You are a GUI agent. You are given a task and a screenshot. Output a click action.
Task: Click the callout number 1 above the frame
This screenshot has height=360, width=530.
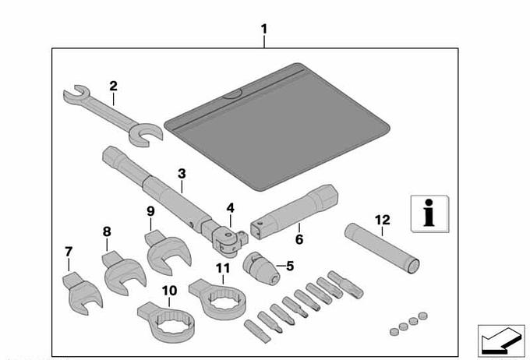click(x=264, y=29)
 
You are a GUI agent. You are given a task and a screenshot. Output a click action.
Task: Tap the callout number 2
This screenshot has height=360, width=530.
click(x=113, y=86)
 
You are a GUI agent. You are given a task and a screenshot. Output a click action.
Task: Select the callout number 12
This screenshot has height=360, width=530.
click(x=382, y=221)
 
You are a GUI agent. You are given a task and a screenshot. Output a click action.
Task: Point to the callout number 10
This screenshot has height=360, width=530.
click(x=169, y=291)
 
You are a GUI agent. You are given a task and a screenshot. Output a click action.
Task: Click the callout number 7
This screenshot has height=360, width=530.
click(x=68, y=252)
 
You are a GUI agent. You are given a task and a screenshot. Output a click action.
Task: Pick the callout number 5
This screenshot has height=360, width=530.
click(x=289, y=266)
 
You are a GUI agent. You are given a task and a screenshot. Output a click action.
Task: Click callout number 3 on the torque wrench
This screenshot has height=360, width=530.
click(x=181, y=174)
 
